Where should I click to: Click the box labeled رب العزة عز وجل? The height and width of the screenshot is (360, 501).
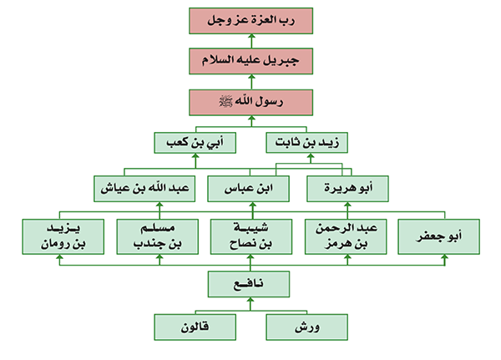(x=250, y=21)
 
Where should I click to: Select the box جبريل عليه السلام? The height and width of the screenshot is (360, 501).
(x=250, y=61)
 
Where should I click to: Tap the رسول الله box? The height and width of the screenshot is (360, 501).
(x=250, y=102)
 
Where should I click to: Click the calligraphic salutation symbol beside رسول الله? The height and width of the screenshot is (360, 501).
(x=226, y=102)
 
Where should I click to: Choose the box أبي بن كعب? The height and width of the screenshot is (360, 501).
(x=195, y=143)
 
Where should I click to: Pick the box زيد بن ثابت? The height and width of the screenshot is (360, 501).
(x=306, y=143)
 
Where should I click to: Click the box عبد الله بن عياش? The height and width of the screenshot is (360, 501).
(x=144, y=189)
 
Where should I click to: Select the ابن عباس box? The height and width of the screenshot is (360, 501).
(x=248, y=189)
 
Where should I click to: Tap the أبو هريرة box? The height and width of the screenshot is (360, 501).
(x=347, y=189)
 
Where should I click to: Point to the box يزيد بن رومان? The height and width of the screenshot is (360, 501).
(x=63, y=236)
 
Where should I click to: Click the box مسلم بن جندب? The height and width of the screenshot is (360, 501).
(x=158, y=236)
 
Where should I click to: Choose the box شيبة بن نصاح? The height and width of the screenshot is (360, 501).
(x=251, y=236)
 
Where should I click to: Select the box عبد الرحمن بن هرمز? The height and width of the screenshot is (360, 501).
(x=346, y=236)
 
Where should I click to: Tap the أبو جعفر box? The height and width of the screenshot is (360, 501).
(x=438, y=236)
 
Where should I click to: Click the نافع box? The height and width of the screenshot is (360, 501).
(x=249, y=284)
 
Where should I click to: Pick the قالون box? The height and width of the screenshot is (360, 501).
(x=195, y=327)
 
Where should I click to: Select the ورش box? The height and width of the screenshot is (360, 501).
(x=306, y=327)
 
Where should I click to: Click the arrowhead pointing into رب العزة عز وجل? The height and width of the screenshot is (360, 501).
(x=252, y=37)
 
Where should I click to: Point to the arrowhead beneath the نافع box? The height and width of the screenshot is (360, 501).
(x=250, y=300)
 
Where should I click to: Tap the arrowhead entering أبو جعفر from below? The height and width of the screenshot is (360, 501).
(x=444, y=257)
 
